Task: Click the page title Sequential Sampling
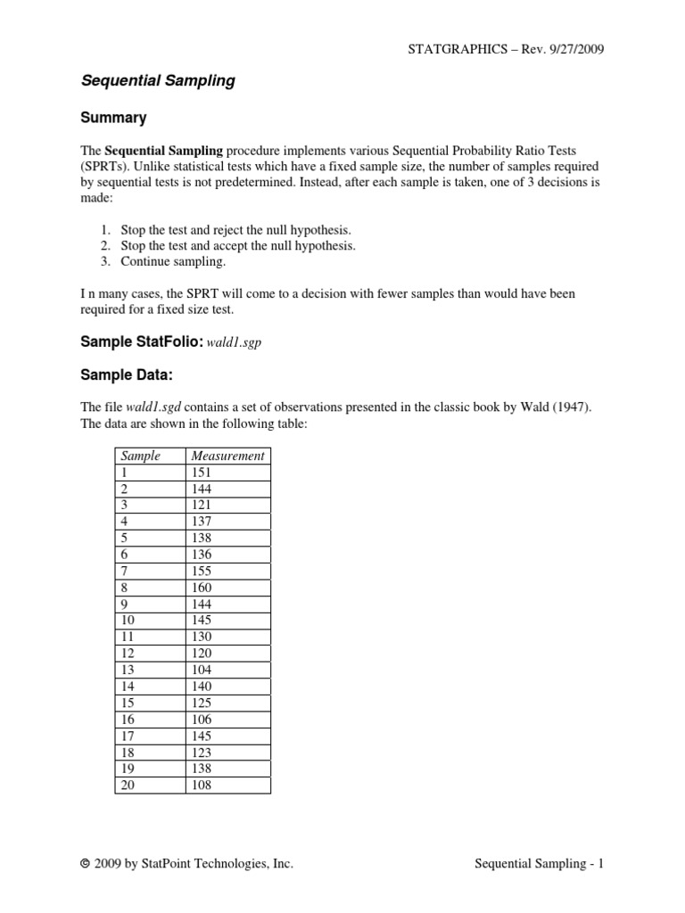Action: click(x=158, y=81)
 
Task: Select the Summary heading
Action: click(x=113, y=118)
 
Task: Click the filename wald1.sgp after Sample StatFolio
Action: click(x=233, y=342)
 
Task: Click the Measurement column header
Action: click(x=227, y=456)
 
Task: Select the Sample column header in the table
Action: click(x=140, y=456)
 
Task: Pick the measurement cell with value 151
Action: click(x=202, y=473)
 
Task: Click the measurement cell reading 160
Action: click(x=202, y=588)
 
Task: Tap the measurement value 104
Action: click(x=202, y=670)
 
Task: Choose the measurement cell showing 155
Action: click(x=202, y=572)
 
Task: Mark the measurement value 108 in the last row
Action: click(x=202, y=785)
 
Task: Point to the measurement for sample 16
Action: click(x=202, y=719)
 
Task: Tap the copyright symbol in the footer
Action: click(x=85, y=864)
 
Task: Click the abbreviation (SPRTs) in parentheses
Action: click(x=107, y=167)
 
